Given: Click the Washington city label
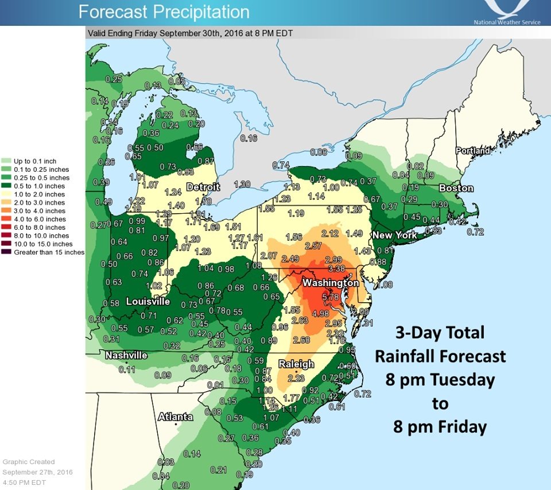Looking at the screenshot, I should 330,283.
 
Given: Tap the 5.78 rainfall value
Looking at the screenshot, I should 331,298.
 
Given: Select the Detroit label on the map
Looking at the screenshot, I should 203,187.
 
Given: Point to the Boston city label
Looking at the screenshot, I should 456,188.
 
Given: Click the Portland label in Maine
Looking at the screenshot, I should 473,151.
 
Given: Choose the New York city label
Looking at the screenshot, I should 394,236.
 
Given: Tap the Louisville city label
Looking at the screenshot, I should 148,302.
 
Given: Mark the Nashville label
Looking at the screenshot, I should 126,356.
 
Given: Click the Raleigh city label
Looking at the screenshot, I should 296,364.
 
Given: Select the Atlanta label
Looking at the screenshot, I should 176,416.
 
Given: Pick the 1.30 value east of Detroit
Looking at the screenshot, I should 242,184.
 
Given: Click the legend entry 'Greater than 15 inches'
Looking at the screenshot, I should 48,252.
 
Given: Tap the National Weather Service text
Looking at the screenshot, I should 507,22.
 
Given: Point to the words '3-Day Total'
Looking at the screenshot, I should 440,333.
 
